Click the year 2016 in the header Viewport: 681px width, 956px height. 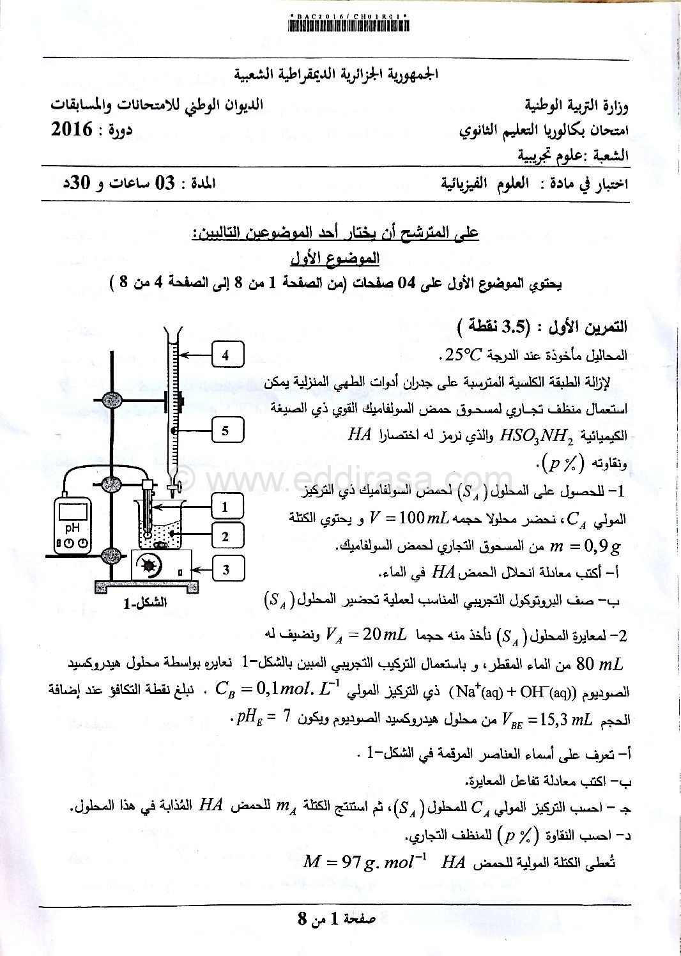(72, 130)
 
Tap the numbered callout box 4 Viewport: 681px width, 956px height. (225, 355)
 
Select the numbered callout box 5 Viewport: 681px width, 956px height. (225, 431)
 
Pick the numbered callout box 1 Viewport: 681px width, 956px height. (225, 507)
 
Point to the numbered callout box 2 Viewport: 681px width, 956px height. (225, 536)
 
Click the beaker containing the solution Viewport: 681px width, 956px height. (162, 525)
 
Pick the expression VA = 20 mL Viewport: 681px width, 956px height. (366, 635)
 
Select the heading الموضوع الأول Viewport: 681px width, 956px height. (335, 258)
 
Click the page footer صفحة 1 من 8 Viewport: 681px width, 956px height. (337, 920)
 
